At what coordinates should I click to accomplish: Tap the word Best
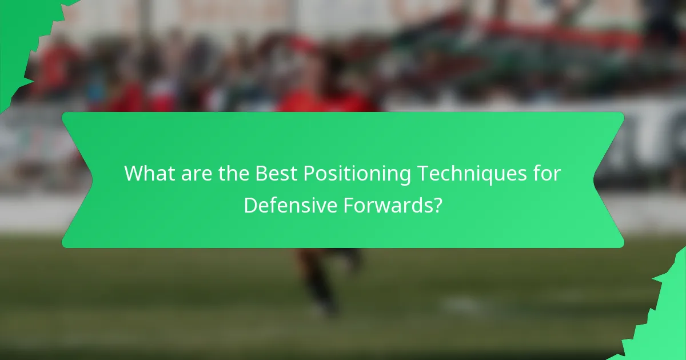pos(276,173)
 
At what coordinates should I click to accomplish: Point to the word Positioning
pos(357,174)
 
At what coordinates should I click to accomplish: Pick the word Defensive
pos(290,205)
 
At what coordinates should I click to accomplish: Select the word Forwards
pos(386,205)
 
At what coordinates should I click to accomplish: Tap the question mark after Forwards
pos(437,205)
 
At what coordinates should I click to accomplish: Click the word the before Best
pos(233,173)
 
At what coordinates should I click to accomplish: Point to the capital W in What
pos(133,173)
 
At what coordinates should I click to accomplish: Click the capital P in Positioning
pos(309,173)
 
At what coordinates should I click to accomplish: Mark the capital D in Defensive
pos(250,205)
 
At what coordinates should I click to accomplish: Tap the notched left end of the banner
pos(77,180)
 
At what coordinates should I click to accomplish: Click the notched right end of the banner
pos(609,180)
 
